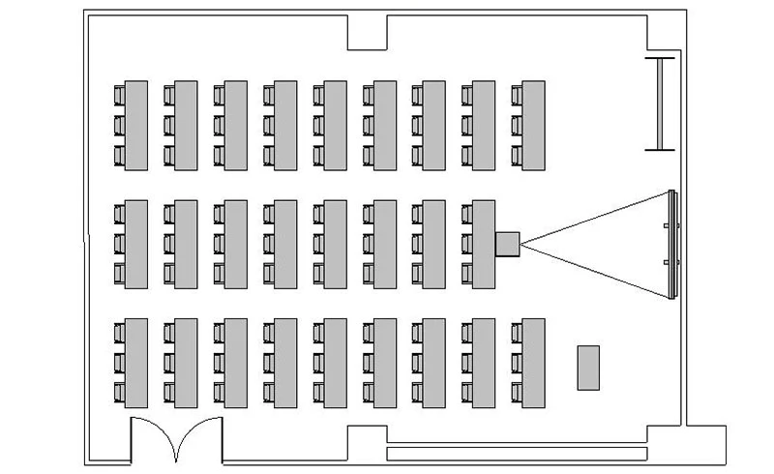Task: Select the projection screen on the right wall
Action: pos(672,244)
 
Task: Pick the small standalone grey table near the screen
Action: pos(588,368)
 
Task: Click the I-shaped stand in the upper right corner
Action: pos(661,104)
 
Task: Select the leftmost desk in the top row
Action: pos(135,126)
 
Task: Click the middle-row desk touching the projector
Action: pos(483,244)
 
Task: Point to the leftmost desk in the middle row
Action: pos(135,244)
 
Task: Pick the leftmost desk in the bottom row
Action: pos(135,363)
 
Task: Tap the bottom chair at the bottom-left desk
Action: pos(119,393)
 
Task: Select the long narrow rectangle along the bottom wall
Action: pos(517,453)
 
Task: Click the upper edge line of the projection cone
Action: pos(595,216)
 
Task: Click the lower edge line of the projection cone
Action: pos(595,271)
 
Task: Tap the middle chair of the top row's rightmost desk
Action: pos(517,125)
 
